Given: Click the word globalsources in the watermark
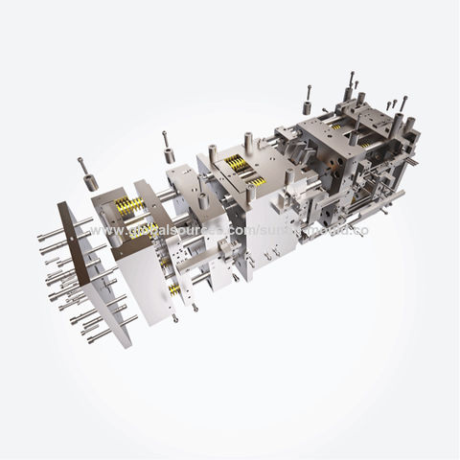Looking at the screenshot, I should [x=183, y=233].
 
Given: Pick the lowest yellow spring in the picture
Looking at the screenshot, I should [x=172, y=287].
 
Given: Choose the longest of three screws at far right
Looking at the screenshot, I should [x=402, y=105].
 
